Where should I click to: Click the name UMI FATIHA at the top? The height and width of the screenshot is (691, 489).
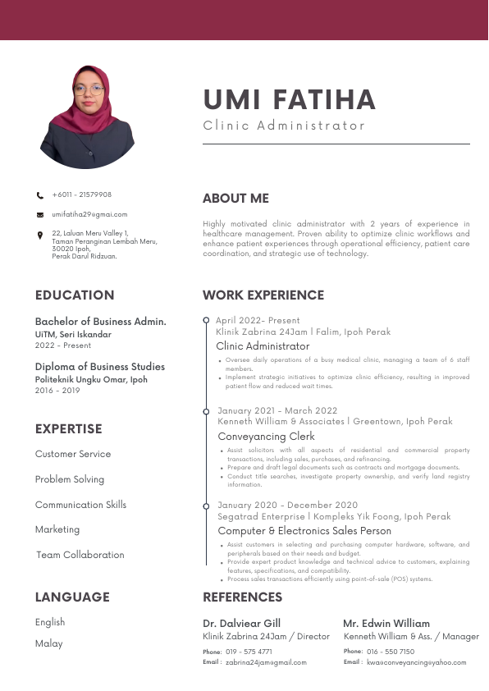289,100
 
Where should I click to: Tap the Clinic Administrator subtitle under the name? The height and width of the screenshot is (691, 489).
284,126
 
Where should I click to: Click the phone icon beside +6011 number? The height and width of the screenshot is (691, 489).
40,195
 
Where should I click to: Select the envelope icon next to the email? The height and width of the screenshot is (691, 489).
40,215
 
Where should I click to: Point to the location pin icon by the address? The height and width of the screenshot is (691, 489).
40,236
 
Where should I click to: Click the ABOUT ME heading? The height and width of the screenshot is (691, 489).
235,199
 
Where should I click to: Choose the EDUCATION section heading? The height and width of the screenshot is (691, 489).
75,295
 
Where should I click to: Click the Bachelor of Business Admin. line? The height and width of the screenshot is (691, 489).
100,322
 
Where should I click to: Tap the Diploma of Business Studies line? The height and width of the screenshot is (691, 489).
99,367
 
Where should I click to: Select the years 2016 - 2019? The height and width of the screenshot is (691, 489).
57,391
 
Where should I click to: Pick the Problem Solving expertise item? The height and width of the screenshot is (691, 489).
70,479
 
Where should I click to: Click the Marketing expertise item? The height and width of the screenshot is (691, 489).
57,529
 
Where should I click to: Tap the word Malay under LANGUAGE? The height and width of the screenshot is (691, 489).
48,643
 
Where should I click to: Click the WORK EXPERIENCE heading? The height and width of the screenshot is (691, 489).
263,295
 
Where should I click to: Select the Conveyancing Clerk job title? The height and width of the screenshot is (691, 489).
266,437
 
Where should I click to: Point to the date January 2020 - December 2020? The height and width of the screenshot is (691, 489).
288,506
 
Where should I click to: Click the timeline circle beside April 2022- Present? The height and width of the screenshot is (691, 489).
206,319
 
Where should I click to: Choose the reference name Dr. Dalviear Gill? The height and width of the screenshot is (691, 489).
241,624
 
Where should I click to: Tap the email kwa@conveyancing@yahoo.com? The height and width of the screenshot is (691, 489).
416,662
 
